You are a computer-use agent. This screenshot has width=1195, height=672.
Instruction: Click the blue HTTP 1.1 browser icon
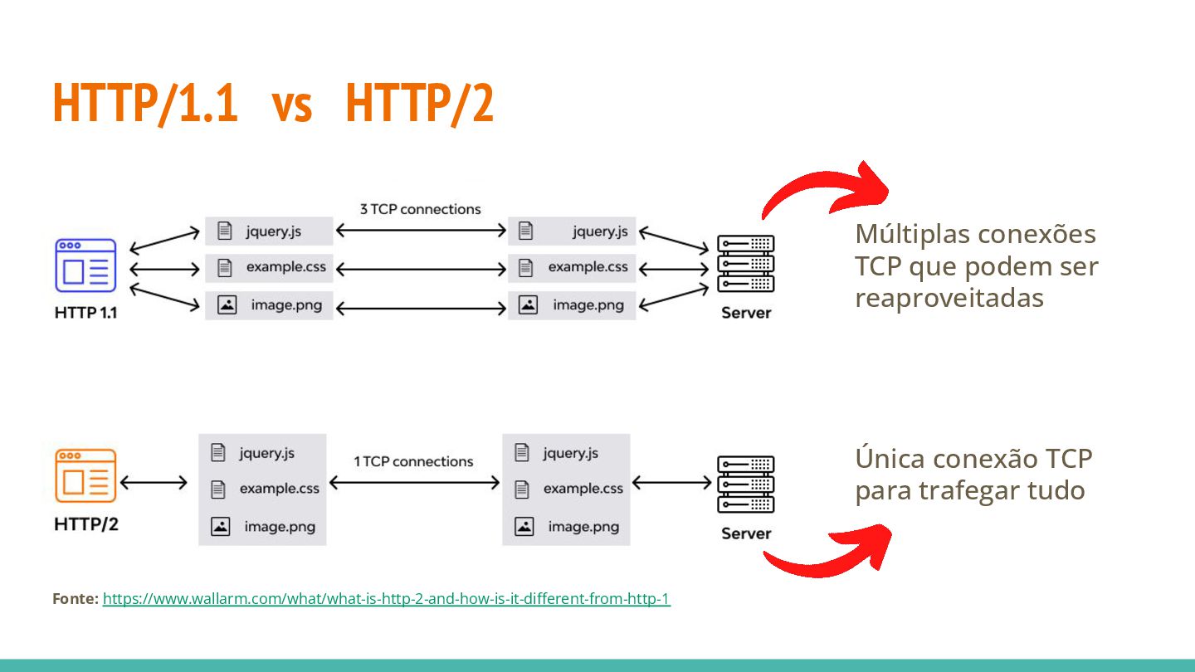point(85,265)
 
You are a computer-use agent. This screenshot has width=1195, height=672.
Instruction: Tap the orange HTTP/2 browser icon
point(85,475)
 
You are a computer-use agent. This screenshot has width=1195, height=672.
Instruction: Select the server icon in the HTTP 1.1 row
point(745,264)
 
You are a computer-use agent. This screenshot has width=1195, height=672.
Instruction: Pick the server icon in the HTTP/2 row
point(745,485)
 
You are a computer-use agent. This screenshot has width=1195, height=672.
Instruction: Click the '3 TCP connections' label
point(420,209)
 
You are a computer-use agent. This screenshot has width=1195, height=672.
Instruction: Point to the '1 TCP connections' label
point(413,461)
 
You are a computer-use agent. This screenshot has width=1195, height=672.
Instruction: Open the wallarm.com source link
point(386,598)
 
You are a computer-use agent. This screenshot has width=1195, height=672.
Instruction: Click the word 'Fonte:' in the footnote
point(76,598)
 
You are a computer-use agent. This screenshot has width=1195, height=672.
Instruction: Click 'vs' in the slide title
point(292,104)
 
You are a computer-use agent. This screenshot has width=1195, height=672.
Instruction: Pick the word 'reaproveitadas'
point(949,299)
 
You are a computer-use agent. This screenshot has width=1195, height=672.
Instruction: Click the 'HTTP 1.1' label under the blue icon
point(85,314)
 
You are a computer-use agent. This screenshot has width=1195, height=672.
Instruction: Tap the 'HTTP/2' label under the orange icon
point(85,524)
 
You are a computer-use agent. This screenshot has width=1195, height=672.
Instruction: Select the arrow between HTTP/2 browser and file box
point(154,482)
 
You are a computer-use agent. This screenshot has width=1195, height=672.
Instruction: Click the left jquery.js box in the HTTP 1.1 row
point(269,231)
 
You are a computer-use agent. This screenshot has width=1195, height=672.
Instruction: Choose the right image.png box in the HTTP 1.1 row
point(572,305)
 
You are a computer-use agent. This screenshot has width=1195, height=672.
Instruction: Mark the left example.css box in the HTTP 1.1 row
point(269,268)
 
